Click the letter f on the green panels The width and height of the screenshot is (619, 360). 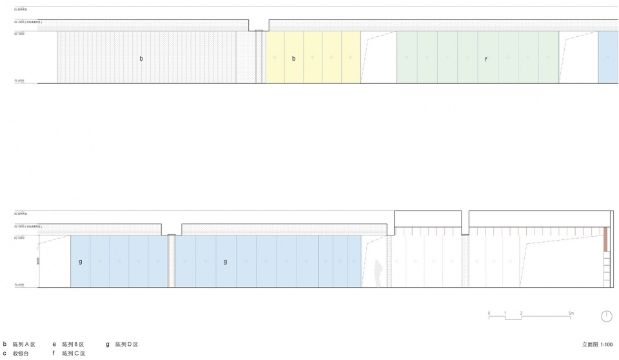pos(486,59)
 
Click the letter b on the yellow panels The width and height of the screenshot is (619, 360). pos(294,59)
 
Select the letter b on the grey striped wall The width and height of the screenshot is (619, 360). pos(141,59)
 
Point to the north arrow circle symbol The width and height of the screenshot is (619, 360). pos(606,316)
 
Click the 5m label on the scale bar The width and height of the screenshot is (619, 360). pos(571,313)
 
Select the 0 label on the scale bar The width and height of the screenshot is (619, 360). pos(489,313)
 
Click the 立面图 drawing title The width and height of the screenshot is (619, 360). pos(590,345)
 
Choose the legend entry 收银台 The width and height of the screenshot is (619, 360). pos(21,354)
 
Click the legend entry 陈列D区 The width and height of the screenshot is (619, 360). pos(127,345)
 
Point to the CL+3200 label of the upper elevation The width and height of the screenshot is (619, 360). pos(19,33)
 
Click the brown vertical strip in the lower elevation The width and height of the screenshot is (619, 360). pos(606,239)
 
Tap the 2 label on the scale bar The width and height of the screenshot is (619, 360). pos(521,313)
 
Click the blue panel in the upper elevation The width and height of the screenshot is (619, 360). pos(608,57)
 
